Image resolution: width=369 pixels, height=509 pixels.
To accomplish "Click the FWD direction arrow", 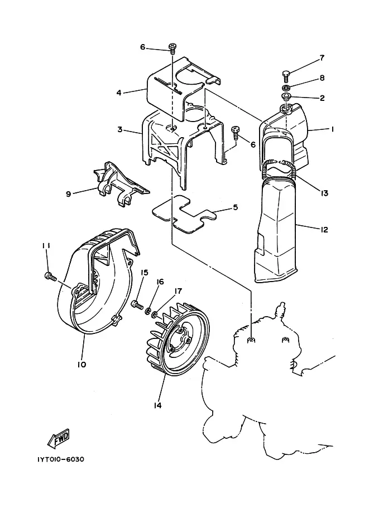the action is (59, 438).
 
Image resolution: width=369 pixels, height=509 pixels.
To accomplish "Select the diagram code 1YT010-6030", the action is (60, 459).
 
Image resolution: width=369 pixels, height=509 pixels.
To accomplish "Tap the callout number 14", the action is (157, 405).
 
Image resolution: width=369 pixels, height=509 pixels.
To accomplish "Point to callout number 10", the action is (82, 364).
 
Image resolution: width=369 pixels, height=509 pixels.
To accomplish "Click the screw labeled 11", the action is (50, 277).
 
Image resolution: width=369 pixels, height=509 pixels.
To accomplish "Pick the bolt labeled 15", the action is (138, 304).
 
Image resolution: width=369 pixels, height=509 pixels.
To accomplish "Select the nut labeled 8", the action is (285, 88).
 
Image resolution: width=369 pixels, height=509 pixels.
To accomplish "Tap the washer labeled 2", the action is (285, 97).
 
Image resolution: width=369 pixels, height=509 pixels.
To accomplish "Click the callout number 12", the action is (324, 230).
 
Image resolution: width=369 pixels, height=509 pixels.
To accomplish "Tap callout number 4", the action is (119, 93).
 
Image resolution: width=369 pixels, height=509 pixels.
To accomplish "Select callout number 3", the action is (120, 129).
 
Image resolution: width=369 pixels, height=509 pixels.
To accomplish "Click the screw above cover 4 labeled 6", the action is (172, 49).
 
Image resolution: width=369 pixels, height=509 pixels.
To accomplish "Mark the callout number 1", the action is (332, 129).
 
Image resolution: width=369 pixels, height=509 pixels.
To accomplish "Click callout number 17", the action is (178, 291).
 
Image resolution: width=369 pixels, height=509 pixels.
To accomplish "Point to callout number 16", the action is (160, 282).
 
